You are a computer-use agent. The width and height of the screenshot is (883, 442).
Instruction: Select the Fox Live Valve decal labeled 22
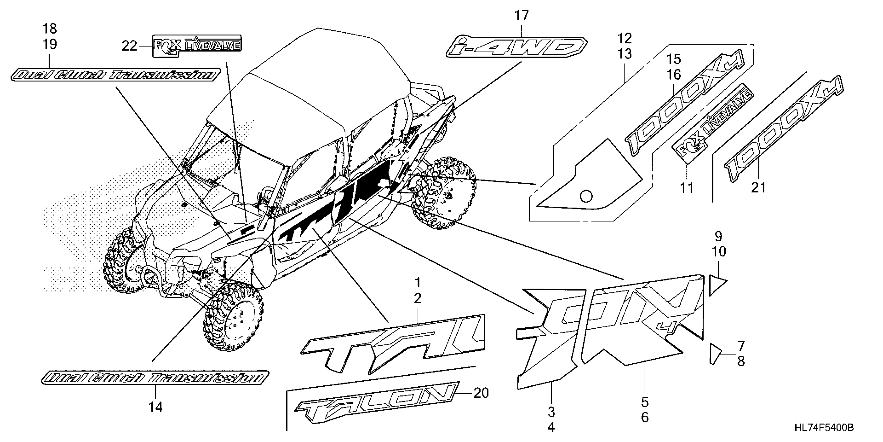click(x=197, y=45)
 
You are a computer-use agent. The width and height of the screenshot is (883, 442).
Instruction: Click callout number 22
click(x=129, y=46)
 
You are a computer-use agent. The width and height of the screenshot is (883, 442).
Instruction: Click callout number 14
click(x=155, y=407)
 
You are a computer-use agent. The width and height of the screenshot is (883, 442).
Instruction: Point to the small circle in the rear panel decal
click(x=586, y=196)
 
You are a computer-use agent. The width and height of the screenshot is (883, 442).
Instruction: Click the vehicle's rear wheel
click(x=444, y=193)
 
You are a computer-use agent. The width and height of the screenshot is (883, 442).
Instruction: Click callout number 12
click(x=625, y=38)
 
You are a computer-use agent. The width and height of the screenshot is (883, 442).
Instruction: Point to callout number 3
click(x=551, y=412)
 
